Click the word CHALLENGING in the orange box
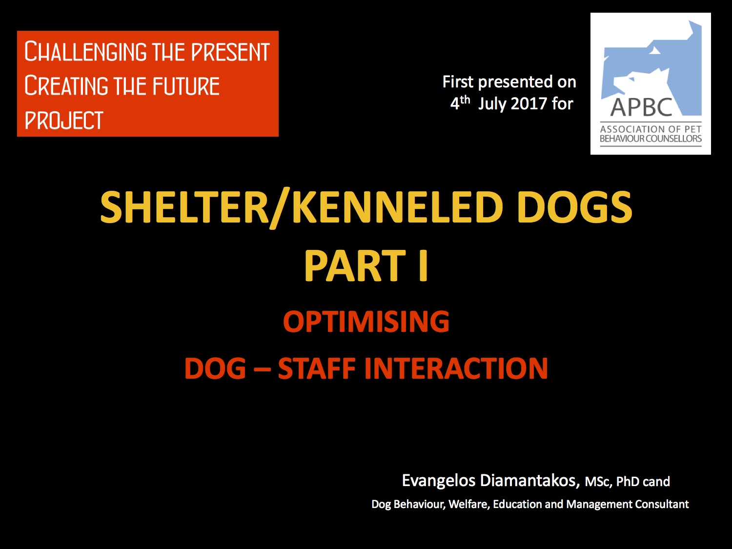(x=85, y=51)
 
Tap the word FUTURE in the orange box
(x=186, y=86)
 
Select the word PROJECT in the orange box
(x=64, y=120)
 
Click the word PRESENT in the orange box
(x=230, y=52)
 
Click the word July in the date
(x=492, y=104)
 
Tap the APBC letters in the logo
(x=641, y=107)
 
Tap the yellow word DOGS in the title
(x=574, y=207)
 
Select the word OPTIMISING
(x=366, y=321)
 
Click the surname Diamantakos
(x=530, y=481)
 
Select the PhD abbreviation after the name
(x=628, y=482)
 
